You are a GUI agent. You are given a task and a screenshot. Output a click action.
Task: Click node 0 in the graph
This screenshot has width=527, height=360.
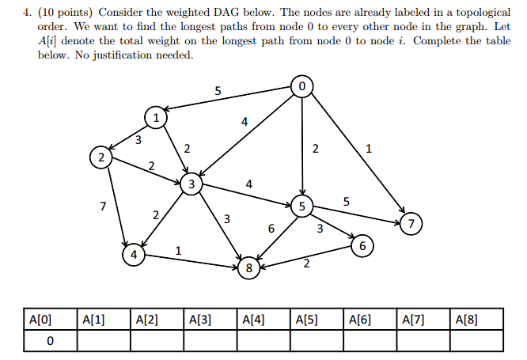[x=301, y=85]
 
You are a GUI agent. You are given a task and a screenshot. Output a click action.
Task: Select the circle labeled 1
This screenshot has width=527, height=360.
[x=156, y=118]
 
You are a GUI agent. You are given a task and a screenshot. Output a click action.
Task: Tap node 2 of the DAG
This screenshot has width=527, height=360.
[x=100, y=157]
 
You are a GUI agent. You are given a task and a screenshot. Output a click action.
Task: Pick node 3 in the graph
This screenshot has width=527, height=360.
[x=191, y=185]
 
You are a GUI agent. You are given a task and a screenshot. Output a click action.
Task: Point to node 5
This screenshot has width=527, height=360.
[x=302, y=207]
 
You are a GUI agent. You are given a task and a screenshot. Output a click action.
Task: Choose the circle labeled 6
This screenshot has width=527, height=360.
[x=362, y=246]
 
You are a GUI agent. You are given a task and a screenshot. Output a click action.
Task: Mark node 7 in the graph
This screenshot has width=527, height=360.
[x=411, y=223]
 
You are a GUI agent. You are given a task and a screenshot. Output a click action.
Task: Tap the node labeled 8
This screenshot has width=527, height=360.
[x=249, y=268]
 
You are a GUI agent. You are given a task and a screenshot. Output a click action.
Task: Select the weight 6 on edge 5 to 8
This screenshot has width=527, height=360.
[x=271, y=228]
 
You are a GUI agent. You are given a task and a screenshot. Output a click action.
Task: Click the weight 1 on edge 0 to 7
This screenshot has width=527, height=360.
[x=369, y=148]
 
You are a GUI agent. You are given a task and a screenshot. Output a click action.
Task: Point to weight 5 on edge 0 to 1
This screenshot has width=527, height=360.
[x=218, y=90]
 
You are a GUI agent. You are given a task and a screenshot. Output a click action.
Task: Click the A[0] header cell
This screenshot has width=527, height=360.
[x=40, y=320]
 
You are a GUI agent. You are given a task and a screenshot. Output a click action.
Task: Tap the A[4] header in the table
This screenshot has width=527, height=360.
[x=254, y=320]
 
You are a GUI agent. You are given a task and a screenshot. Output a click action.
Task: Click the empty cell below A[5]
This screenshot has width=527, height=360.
[x=316, y=340]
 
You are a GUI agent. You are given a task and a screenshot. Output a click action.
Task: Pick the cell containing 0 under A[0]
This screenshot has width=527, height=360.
[x=50, y=340]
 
